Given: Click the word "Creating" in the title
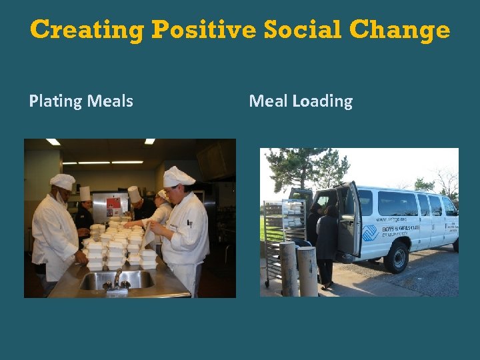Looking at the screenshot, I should pos(87,29).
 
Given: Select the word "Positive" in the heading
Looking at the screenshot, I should pos(203,29).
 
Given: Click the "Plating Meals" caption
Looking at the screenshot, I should pos(81,101).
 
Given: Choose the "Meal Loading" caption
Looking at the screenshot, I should pos(300,101).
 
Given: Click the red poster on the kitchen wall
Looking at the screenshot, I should pos(114,204).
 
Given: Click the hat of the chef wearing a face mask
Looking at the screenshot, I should pos(63,181).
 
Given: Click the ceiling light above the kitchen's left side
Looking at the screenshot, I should pos(53,142).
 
